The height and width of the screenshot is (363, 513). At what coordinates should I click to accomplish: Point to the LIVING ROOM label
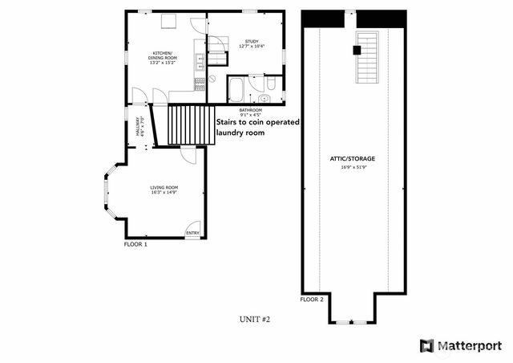coord(163,188)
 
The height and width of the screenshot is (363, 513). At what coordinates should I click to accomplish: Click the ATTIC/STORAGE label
coord(352,159)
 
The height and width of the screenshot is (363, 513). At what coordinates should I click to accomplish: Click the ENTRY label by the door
coord(192,233)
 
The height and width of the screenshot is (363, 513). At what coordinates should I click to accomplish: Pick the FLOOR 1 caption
coord(135,244)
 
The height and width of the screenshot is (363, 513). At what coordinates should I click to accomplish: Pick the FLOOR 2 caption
coord(312,300)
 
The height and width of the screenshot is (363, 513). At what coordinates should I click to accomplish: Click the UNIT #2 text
coord(255,319)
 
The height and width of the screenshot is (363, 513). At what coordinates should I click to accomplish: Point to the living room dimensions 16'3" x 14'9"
coord(163,193)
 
